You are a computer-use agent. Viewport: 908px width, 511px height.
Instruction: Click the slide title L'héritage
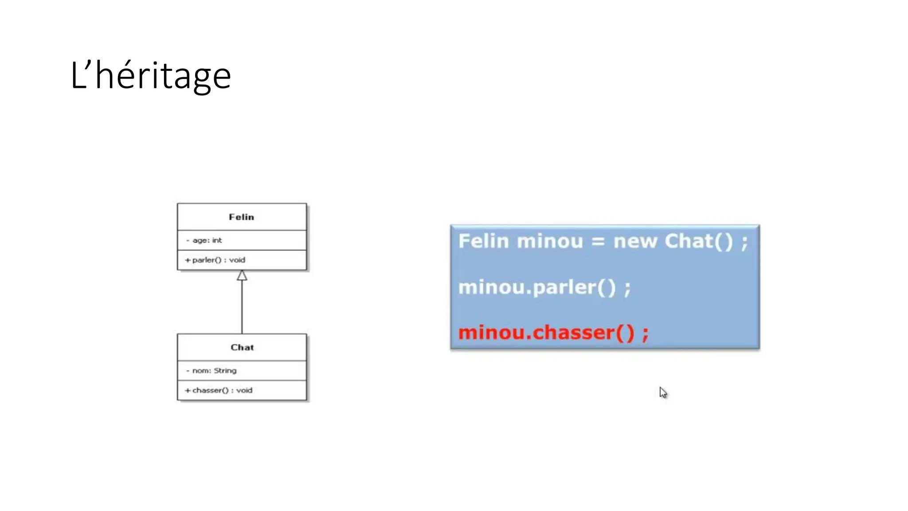(x=150, y=76)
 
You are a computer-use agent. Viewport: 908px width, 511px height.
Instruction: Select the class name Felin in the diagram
(x=241, y=217)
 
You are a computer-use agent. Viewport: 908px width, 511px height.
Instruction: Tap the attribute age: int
(x=207, y=240)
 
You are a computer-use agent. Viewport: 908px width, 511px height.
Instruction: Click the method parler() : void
(x=219, y=260)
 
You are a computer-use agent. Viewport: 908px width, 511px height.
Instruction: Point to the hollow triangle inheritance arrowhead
(x=242, y=276)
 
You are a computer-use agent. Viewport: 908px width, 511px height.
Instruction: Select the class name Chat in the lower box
(x=242, y=347)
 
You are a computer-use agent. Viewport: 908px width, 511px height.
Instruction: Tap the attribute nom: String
(x=214, y=370)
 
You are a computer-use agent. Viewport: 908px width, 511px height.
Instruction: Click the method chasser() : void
(x=222, y=390)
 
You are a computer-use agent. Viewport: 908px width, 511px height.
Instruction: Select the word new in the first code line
(x=635, y=241)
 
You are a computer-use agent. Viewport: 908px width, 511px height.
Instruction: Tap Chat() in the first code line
(x=698, y=241)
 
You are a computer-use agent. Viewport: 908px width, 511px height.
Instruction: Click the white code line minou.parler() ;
(x=544, y=287)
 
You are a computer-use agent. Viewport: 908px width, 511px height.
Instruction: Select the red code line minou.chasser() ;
(x=553, y=333)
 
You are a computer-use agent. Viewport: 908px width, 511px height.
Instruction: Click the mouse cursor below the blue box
(x=663, y=393)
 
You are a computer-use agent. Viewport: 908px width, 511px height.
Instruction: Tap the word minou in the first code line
(x=549, y=241)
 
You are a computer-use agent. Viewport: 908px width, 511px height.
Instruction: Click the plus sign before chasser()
(x=188, y=390)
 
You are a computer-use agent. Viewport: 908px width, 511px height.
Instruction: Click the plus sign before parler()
(x=188, y=260)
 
